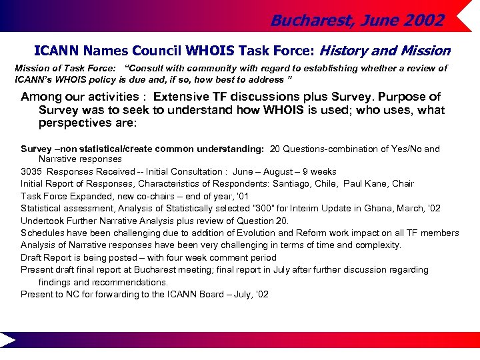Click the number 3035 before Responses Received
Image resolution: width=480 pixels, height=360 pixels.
coord(32,172)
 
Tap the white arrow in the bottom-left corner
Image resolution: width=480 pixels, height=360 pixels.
coord(8,340)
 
